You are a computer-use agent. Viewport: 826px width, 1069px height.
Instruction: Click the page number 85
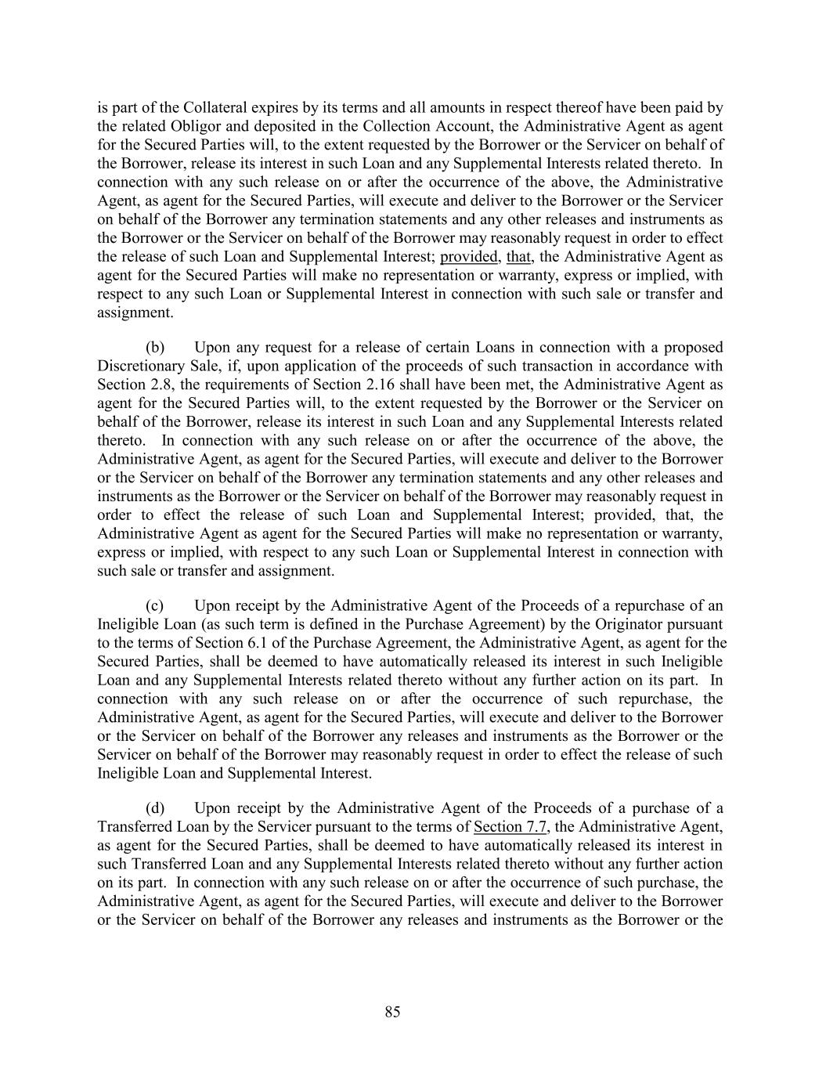click(392, 1013)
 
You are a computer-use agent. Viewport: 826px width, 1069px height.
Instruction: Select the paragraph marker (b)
click(154, 347)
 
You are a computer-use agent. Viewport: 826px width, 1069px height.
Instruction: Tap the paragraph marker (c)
click(154, 605)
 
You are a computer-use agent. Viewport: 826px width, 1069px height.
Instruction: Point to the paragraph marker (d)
click(154, 808)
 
